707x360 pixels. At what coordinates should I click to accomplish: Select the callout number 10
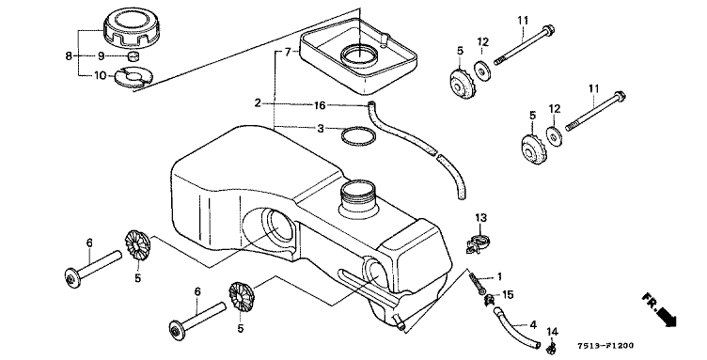pyautogui.click(x=100, y=75)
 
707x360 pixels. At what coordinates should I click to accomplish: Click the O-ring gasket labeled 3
pyautogui.click(x=357, y=136)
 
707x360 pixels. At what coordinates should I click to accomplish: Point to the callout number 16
pyautogui.click(x=320, y=105)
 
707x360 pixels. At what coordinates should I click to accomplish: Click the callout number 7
pyautogui.click(x=288, y=53)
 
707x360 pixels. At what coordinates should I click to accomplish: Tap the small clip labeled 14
pyautogui.click(x=550, y=348)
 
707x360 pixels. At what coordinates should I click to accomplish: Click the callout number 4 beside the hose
pyautogui.click(x=533, y=324)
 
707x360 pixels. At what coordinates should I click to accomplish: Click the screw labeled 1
pyautogui.click(x=477, y=283)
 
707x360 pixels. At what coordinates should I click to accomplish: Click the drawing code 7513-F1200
pyautogui.click(x=605, y=346)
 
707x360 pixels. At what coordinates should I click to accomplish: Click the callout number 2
pyautogui.click(x=258, y=103)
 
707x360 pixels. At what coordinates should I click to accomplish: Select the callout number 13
pyautogui.click(x=481, y=218)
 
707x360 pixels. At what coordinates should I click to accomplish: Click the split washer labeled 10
pyautogui.click(x=134, y=77)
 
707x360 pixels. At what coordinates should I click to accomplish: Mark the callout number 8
pyautogui.click(x=69, y=55)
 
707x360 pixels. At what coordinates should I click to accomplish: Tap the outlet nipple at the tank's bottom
pyautogui.click(x=398, y=321)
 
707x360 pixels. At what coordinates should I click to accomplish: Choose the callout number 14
pyautogui.click(x=553, y=332)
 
